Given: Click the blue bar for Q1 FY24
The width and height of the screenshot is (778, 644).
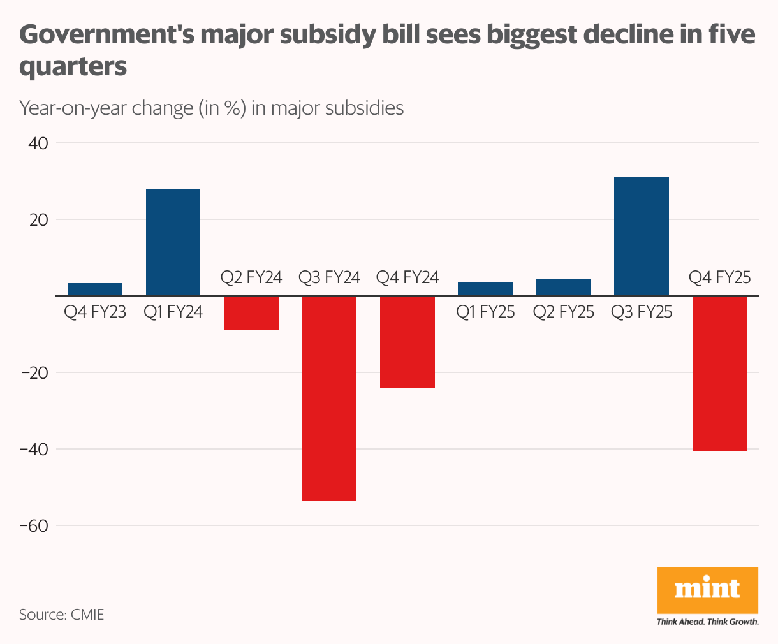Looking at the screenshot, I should (173, 242).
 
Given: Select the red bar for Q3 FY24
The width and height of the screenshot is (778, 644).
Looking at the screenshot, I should (329, 399).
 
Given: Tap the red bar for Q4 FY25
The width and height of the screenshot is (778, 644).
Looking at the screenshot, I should (719, 374).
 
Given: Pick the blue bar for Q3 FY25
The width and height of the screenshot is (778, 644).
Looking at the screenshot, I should (641, 236).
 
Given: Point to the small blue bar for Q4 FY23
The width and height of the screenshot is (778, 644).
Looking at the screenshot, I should (95, 289).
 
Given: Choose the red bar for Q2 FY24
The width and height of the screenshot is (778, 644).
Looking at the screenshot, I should (251, 313).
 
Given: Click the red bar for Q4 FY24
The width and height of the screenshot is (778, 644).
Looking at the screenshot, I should (407, 342).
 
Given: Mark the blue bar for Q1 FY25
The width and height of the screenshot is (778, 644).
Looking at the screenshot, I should (485, 288).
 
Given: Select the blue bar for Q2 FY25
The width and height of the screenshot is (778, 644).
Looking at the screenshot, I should (563, 287).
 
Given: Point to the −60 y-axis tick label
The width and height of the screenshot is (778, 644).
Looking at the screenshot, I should (35, 526).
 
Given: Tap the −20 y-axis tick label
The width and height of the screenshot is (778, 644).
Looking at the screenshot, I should (35, 373).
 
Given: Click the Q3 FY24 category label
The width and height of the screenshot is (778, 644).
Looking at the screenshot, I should (329, 277).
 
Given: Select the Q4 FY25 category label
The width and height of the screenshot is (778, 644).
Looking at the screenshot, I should (719, 277).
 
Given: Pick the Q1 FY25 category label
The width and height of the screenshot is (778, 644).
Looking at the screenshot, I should (485, 312).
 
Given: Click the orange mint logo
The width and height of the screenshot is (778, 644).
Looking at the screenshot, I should (707, 590).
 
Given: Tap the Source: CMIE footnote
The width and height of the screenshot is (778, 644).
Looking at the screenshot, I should (61, 615).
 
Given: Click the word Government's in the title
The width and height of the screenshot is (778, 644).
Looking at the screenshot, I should (105, 35).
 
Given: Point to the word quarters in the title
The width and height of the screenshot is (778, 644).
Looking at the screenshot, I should (73, 67).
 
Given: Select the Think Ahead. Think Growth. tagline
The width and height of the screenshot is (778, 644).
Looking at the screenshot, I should (707, 622).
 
